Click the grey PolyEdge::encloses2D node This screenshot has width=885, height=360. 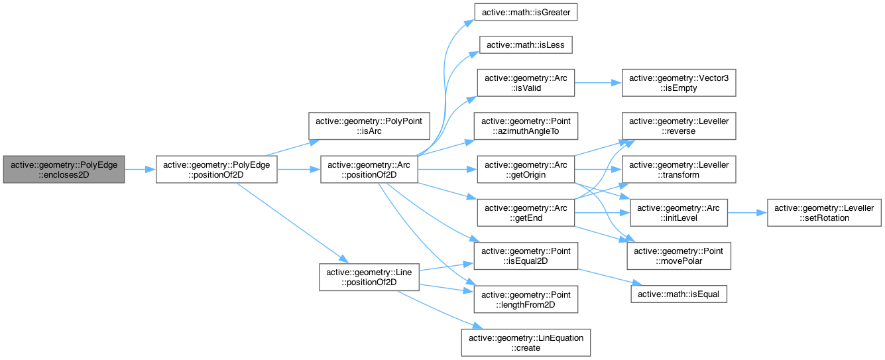(64, 170)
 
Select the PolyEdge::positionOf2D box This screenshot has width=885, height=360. (215, 170)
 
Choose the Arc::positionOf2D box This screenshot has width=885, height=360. (369, 170)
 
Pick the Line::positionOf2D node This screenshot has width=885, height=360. (369, 276)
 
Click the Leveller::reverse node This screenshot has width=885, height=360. (678, 126)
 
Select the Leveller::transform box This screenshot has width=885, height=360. (678, 170)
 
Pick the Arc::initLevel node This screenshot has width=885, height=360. (678, 213)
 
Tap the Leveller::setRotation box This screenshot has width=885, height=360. (825, 213)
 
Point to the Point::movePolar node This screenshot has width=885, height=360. (678, 256)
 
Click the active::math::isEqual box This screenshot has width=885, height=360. (678, 292)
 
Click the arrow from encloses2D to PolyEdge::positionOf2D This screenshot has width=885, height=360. (140, 170)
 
